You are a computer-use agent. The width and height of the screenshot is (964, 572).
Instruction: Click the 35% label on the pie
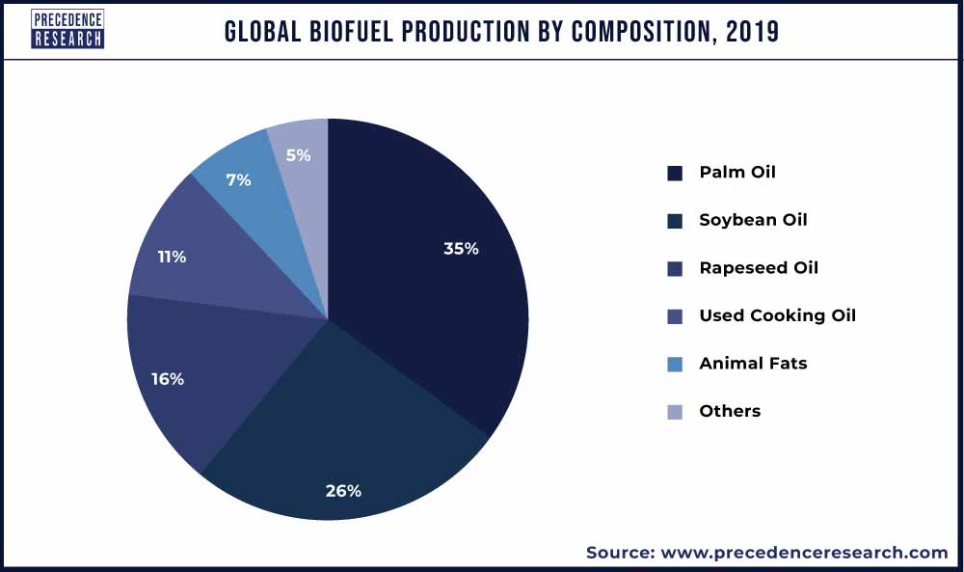pos(461,248)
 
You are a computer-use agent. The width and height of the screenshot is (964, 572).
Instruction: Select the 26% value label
pos(342,490)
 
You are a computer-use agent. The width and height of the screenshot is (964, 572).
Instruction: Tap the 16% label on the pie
pos(167,379)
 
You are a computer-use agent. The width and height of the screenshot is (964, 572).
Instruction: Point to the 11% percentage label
pos(173,257)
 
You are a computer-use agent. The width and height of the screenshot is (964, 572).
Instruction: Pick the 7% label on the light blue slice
pos(238,179)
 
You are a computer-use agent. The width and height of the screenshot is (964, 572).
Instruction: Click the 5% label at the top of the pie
pos(298,154)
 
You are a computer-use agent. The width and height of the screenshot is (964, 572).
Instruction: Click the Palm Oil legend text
pos(737,173)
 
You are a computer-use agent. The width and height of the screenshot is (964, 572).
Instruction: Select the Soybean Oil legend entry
pos(753,220)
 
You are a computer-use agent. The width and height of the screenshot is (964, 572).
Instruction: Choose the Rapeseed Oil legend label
pos(759,268)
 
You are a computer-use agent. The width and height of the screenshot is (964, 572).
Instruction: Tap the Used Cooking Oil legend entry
pos(777,315)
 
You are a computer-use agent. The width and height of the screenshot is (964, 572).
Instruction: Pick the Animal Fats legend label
pos(753,364)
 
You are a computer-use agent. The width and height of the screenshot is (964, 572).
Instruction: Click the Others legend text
pos(730,411)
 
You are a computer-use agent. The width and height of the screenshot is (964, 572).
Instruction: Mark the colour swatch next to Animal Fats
pos(675,364)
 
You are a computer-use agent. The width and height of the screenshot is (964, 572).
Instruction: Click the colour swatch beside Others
pos(675,412)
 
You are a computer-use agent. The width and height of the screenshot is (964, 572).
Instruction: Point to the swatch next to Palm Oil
pos(675,174)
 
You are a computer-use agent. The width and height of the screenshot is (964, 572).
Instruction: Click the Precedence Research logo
pos(67,29)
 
